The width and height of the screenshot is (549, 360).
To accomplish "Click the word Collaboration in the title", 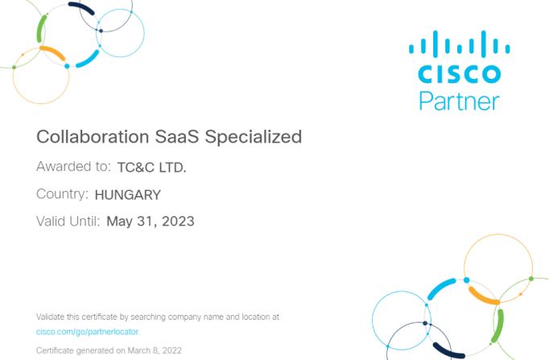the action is click(x=93, y=137).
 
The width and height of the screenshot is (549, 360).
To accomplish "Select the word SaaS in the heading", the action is click(x=177, y=137).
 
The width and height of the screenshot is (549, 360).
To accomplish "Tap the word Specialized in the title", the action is click(x=253, y=137).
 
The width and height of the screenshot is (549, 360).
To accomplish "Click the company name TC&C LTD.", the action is click(x=151, y=168).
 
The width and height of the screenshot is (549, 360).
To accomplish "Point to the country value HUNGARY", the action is click(x=128, y=195).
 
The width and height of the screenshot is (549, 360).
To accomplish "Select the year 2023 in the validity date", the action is click(x=178, y=221).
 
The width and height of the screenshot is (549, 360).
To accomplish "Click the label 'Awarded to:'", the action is click(x=73, y=167).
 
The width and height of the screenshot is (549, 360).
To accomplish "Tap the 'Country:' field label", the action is click(x=62, y=193).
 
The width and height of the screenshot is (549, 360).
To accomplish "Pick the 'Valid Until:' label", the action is click(x=68, y=221).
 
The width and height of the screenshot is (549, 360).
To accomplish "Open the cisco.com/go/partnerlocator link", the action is click(x=88, y=332).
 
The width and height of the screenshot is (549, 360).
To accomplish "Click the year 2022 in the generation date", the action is click(x=171, y=350).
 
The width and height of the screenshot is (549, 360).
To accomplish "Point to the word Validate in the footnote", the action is click(x=51, y=317).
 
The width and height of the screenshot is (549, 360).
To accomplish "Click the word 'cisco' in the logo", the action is click(x=460, y=74).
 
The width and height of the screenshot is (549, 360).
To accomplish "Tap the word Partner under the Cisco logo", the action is click(x=460, y=101).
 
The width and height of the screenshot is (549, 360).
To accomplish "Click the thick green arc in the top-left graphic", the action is click(x=41, y=29).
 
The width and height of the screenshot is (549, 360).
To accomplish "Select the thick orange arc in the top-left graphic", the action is click(x=53, y=52).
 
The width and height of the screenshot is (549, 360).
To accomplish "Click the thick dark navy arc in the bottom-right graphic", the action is click(x=448, y=352).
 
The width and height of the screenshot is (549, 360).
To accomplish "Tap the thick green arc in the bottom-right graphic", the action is click(x=497, y=326).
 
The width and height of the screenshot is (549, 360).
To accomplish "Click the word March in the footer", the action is click(x=139, y=350).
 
